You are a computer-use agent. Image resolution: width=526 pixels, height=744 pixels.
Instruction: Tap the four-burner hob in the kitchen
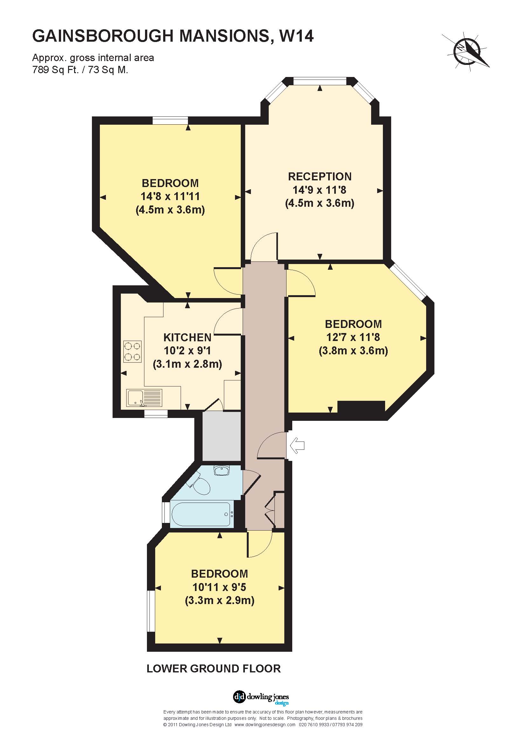133,351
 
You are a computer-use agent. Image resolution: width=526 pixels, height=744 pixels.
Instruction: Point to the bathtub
201,515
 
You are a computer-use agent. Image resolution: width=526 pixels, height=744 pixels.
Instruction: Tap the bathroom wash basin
222,470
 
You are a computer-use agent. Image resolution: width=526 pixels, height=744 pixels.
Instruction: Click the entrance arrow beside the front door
298,446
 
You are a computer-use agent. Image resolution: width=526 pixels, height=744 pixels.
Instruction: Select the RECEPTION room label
320,177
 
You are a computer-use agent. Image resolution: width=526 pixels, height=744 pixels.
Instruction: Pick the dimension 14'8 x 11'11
170,196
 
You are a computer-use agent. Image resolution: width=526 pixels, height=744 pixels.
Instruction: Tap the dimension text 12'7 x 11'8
353,337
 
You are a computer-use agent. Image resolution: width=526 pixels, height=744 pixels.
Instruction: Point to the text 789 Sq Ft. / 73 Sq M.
80,70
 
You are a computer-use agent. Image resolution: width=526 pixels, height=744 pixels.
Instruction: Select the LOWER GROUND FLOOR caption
213,669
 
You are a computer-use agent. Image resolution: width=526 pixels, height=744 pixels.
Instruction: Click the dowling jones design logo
261,697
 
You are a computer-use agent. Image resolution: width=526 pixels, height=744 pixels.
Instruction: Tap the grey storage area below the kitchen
222,436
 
